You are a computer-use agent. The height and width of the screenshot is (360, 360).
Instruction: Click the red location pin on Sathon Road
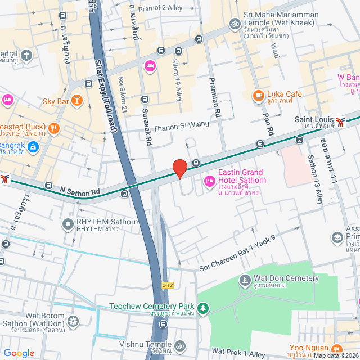tap(179, 168)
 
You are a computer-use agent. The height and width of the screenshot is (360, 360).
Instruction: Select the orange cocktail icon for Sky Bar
tap(77, 101)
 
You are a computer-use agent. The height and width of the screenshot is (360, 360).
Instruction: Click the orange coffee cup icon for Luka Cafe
tap(258, 95)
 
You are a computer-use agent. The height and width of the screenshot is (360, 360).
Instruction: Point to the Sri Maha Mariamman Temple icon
tap(234, 24)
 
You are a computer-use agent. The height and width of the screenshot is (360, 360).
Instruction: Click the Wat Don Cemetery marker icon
tap(245, 279)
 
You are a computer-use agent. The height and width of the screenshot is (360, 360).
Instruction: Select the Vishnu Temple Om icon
tap(179, 345)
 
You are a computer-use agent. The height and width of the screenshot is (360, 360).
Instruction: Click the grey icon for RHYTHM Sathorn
tap(67, 224)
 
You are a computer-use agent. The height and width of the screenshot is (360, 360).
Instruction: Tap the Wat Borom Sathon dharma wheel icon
tap(73, 322)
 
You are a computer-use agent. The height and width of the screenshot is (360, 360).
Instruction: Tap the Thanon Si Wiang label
tap(181, 125)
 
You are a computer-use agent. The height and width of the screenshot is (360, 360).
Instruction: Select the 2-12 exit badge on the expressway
tap(168, 285)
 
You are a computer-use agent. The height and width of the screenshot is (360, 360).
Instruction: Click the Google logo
tap(19, 353)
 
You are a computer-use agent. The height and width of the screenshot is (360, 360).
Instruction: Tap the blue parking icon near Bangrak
tap(33, 147)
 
